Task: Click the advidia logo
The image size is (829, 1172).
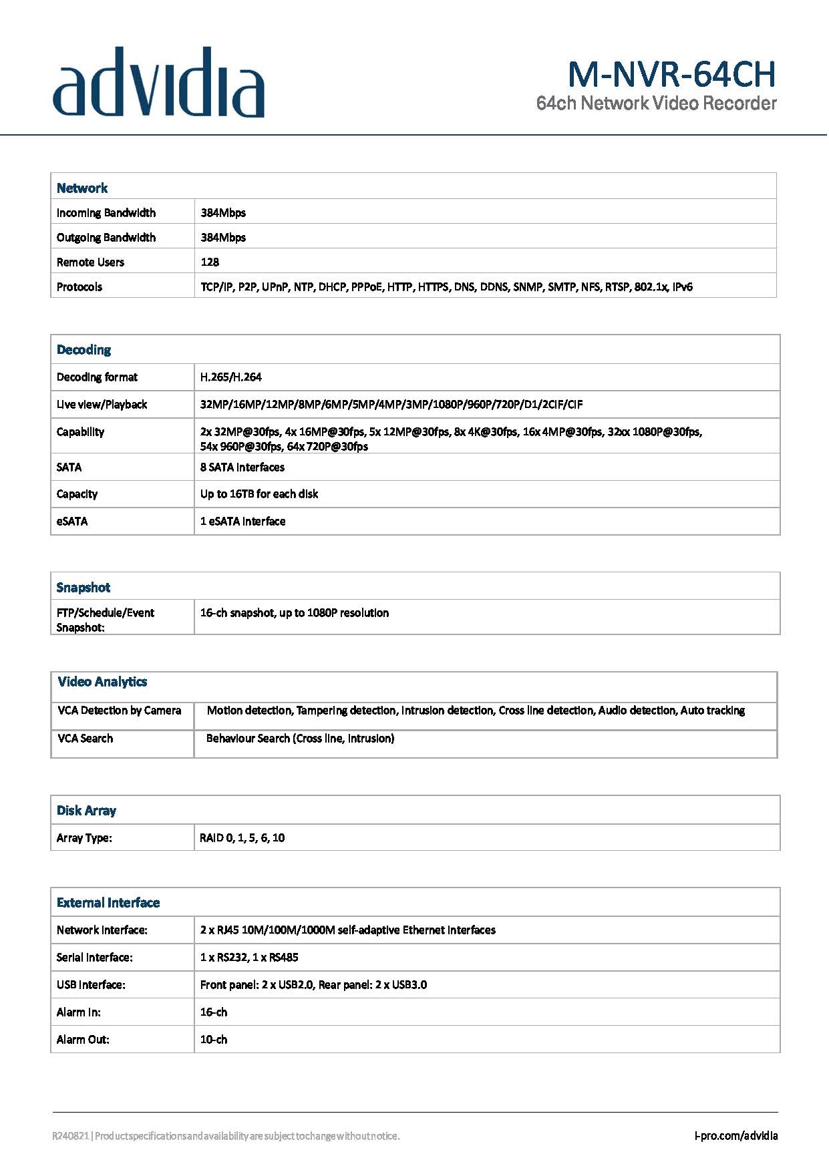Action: tap(158, 83)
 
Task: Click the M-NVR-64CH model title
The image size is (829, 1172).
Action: tap(671, 74)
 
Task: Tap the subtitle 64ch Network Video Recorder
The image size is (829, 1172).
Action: tap(656, 104)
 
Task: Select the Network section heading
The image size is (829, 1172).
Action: tap(82, 188)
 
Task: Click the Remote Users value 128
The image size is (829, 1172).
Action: tap(210, 262)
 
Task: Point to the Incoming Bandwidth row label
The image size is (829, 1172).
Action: tap(106, 213)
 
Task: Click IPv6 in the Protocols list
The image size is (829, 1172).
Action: tap(682, 287)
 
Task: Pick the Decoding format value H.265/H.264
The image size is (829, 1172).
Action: tap(231, 377)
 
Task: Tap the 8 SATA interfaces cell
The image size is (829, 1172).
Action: tap(242, 467)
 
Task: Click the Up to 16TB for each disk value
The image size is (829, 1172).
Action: tap(259, 494)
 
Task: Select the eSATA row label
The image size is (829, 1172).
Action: tap(72, 522)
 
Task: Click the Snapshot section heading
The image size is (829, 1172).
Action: tap(84, 588)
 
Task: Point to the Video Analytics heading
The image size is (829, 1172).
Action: tap(102, 682)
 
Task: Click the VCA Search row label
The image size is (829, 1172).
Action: tap(86, 739)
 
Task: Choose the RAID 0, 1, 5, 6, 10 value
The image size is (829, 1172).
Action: tap(242, 838)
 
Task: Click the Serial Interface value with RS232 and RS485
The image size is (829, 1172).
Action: tap(249, 958)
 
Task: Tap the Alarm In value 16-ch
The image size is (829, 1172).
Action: tap(214, 1012)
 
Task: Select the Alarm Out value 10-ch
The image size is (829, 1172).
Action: tap(214, 1040)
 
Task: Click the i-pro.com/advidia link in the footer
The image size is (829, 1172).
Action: tap(735, 1136)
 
